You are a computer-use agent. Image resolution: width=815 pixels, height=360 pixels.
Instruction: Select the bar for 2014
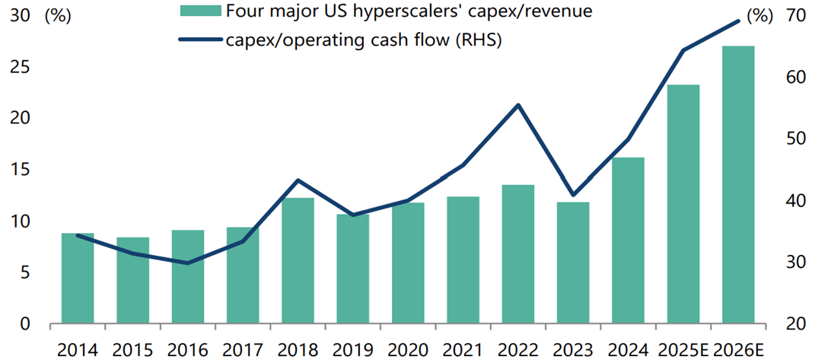(x=78, y=279)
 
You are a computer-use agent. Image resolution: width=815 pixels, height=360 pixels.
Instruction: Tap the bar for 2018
(x=298, y=261)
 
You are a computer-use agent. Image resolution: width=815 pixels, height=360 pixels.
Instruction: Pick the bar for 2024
(x=628, y=241)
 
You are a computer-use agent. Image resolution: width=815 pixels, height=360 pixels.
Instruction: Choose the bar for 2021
(x=463, y=260)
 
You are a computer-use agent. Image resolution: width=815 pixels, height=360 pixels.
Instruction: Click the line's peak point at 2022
(x=518, y=105)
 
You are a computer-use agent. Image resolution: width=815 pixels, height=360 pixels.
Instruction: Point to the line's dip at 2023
(x=573, y=196)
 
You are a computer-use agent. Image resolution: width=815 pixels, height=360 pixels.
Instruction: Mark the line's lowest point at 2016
(x=187, y=263)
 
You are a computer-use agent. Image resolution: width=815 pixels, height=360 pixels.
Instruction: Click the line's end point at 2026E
(x=738, y=21)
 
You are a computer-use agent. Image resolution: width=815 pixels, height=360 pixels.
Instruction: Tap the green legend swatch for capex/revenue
(x=200, y=11)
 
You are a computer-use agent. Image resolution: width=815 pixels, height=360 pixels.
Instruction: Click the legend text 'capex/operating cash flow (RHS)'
(x=364, y=40)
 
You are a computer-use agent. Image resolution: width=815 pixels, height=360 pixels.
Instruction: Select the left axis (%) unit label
(x=57, y=15)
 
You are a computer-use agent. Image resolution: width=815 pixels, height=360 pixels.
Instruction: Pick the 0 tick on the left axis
(x=25, y=324)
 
